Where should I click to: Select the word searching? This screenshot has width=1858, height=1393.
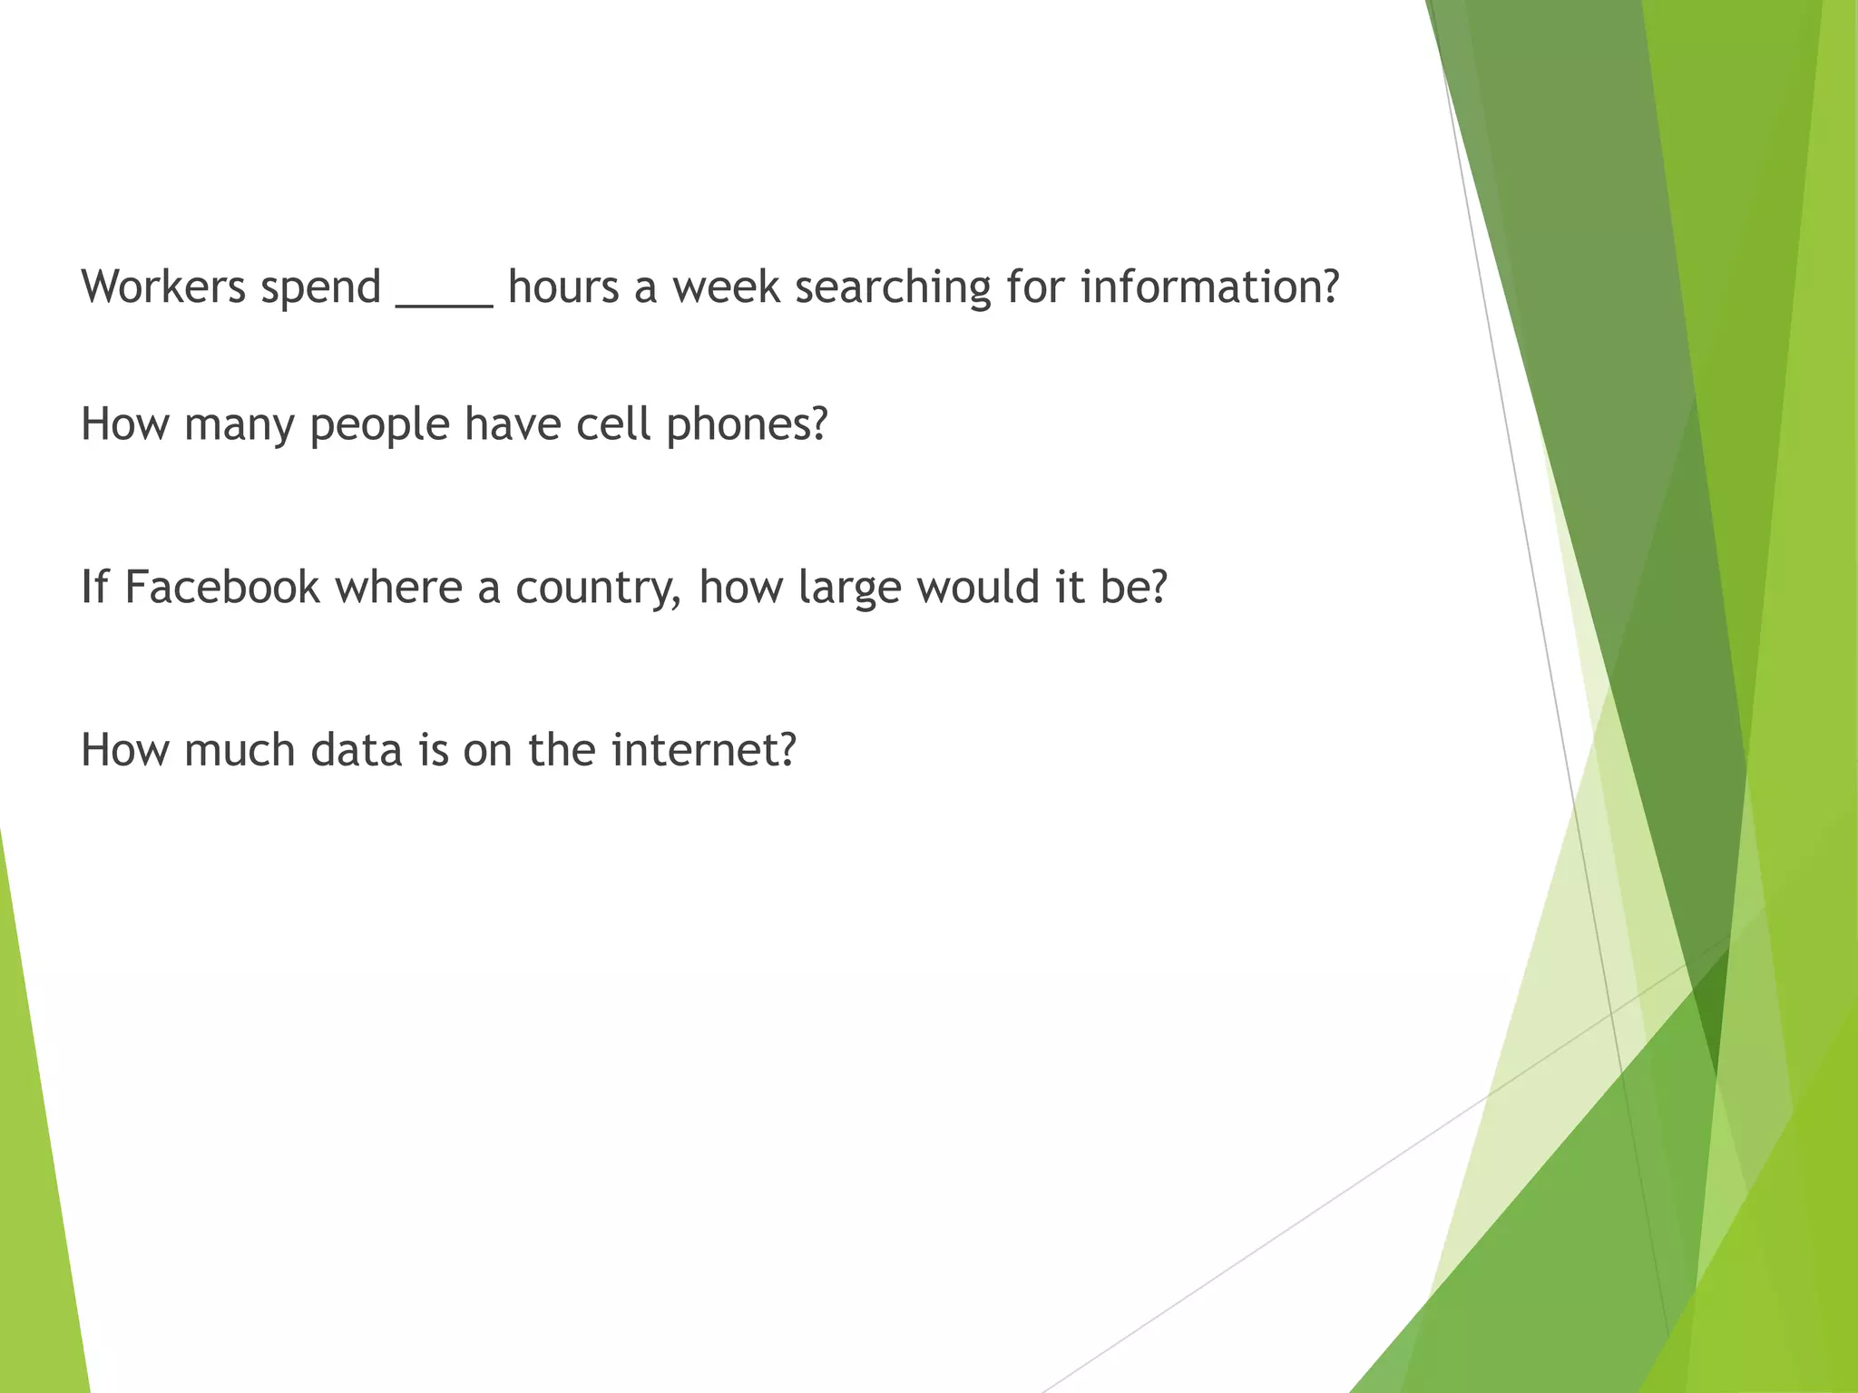click(x=893, y=288)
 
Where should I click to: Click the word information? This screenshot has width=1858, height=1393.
click(x=1201, y=287)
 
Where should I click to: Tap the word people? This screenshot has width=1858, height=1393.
click(x=379, y=425)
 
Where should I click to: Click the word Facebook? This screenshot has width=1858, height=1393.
click(x=222, y=587)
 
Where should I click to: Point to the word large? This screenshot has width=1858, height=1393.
click(x=850, y=589)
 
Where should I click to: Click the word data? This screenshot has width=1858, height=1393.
click(x=357, y=750)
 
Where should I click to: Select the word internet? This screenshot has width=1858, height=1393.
click(x=694, y=750)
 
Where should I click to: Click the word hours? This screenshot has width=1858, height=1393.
click(x=562, y=287)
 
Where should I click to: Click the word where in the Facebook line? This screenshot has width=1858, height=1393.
click(x=398, y=587)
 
